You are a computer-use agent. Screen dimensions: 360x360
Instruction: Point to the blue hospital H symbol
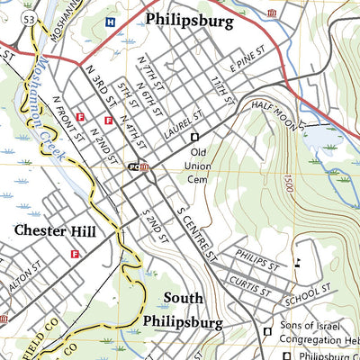(x=110, y=22)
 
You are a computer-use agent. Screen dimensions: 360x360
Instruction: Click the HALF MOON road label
(x=273, y=107)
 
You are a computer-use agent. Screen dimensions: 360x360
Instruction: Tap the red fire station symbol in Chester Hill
(x=75, y=255)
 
